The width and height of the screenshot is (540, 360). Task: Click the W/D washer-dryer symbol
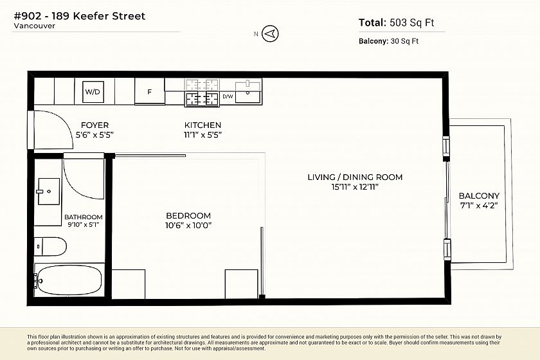pos(93,92)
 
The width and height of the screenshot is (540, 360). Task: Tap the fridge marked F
pos(149,91)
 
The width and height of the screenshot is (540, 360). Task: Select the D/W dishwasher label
pos(228,96)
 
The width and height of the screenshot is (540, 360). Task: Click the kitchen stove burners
pos(202,99)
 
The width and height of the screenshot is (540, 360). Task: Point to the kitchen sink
pos(248,92)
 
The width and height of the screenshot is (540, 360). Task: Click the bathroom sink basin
pos(49,191)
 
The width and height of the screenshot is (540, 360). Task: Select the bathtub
pos(69,280)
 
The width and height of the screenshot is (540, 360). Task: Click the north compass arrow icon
pos(270,34)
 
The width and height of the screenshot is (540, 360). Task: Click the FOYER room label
pos(94,125)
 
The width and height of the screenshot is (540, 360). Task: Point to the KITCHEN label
pos(203,125)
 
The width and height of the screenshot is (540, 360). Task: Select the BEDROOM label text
pos(188,215)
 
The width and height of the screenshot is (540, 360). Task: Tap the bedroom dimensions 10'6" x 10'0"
pos(188,226)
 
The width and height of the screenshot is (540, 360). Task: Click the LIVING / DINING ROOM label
pos(355,177)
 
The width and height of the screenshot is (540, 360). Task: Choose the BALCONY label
pos(479,195)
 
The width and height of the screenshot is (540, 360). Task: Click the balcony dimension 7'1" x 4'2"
pos(479,206)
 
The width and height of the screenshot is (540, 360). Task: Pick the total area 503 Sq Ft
pos(412,22)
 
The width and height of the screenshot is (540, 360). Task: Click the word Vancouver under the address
pos(35,26)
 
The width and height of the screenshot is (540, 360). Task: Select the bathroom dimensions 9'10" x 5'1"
pos(84,224)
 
